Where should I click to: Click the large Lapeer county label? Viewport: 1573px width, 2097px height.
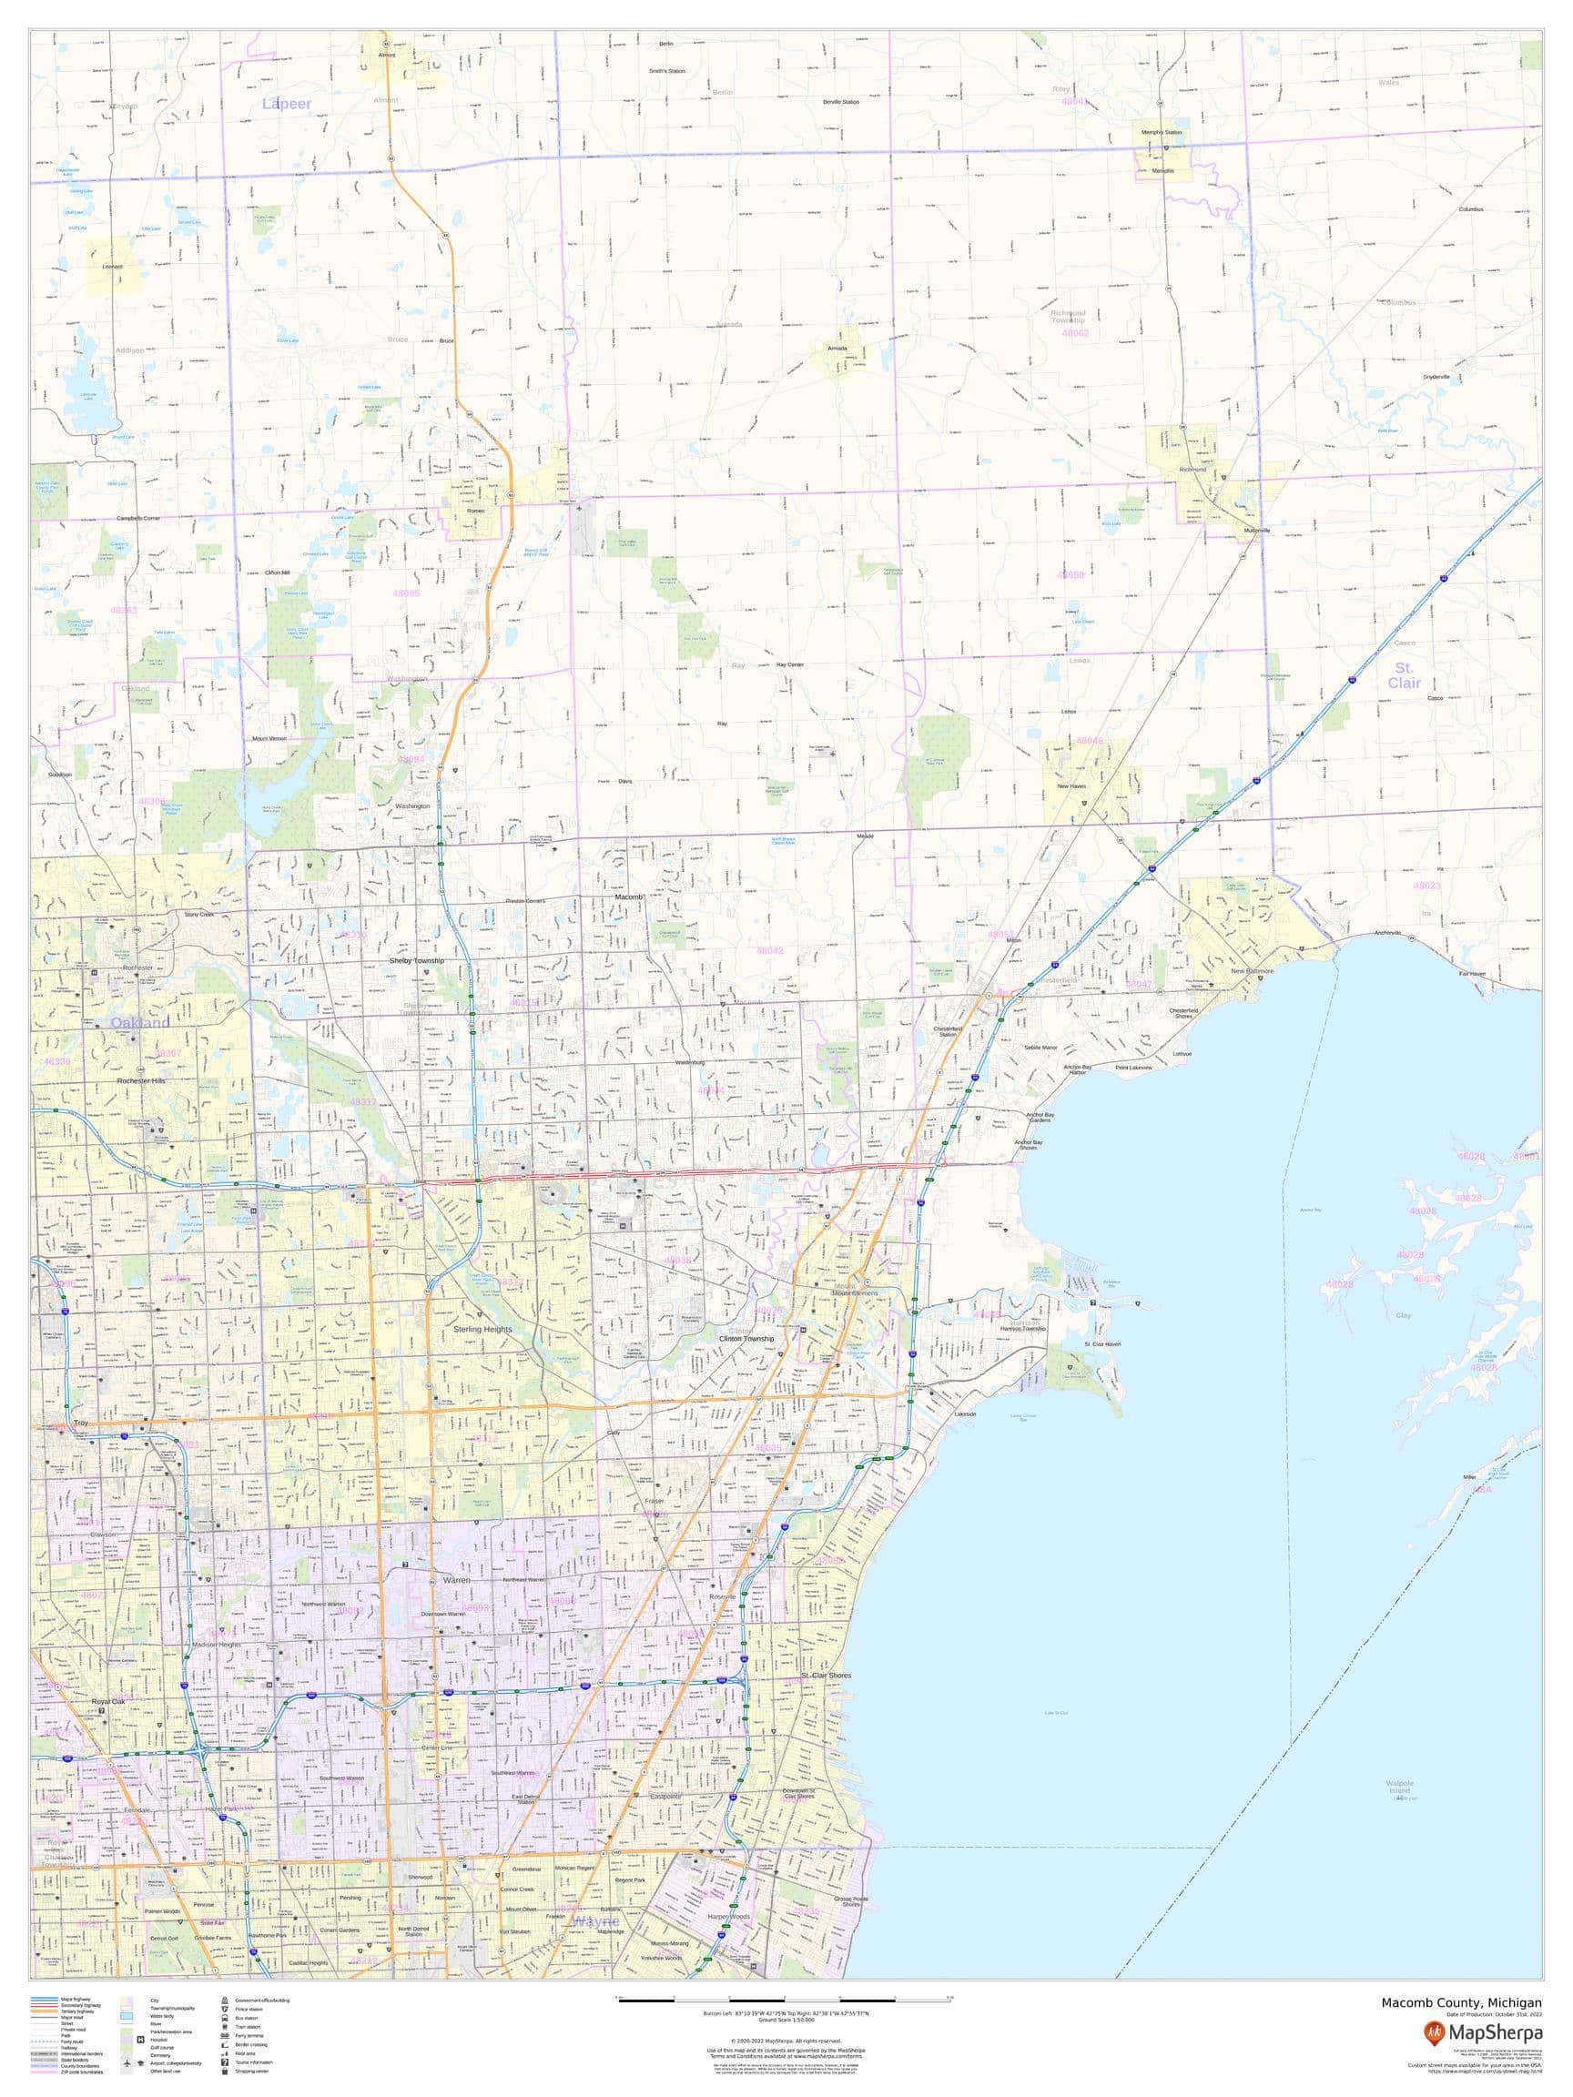click(x=287, y=105)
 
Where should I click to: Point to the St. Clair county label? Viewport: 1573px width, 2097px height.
click(x=1405, y=675)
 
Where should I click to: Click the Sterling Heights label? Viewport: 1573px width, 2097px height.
click(x=482, y=1329)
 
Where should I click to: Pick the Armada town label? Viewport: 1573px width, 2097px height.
click(x=837, y=348)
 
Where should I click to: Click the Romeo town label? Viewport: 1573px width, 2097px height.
click(x=475, y=511)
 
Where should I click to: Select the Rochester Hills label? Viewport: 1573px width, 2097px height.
click(x=141, y=1080)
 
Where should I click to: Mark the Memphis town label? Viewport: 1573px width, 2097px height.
click(x=1162, y=170)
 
